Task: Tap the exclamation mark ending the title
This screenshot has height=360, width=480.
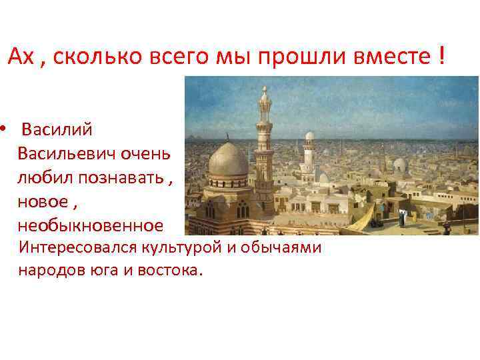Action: [x=441, y=57]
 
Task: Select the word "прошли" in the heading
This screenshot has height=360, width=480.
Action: [x=296, y=58]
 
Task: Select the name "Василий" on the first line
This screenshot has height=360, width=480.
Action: [x=57, y=129]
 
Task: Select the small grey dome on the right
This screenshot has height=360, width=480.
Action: [x=400, y=164]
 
